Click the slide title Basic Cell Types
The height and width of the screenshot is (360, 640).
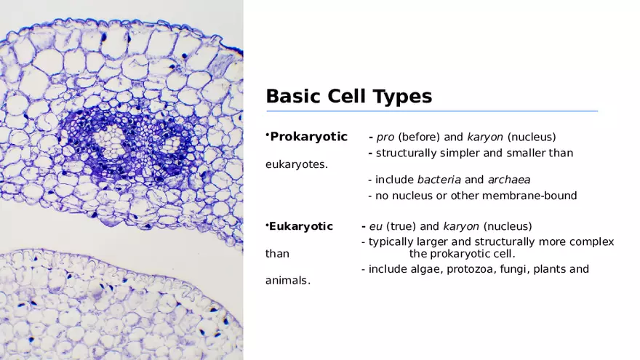click(348, 96)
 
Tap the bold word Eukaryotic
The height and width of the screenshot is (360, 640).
click(301, 226)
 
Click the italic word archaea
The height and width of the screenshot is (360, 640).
click(508, 180)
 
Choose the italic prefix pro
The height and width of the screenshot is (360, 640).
click(385, 137)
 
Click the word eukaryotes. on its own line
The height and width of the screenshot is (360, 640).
click(297, 164)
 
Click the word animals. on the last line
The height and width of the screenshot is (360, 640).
click(287, 281)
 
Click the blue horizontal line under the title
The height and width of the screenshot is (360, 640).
click(432, 111)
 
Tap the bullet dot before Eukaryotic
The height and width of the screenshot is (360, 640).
click(267, 224)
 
